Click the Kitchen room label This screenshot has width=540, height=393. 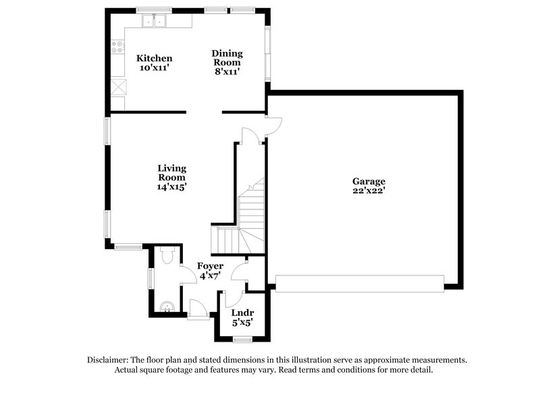[155, 59]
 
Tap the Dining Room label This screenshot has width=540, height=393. [227, 53]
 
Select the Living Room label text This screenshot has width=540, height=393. [172, 173]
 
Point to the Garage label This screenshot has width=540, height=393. [369, 181]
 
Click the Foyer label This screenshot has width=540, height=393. [210, 266]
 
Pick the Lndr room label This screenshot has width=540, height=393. [242, 313]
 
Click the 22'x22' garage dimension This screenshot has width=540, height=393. [369, 191]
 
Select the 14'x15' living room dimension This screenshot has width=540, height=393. [172, 187]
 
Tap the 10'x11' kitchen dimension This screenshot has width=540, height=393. [155, 68]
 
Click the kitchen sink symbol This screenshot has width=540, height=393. [155, 22]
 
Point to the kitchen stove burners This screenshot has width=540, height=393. [118, 48]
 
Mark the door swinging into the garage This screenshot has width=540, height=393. [273, 125]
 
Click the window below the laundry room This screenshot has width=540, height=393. [242, 339]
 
